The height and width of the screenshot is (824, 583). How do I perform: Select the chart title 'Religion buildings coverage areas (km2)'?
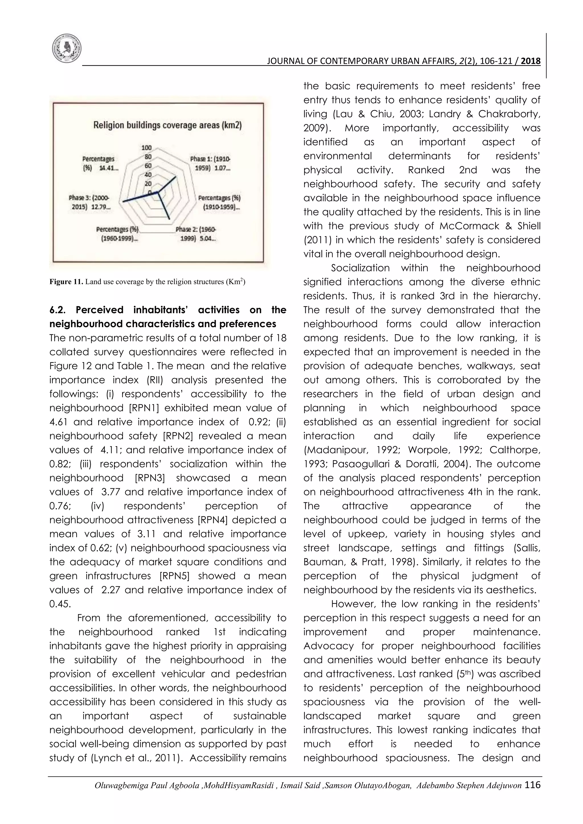click(x=168, y=125)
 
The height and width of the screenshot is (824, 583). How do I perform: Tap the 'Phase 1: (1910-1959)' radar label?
click(x=210, y=163)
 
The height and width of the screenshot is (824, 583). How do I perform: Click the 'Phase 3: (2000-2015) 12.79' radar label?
click(x=90, y=202)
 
